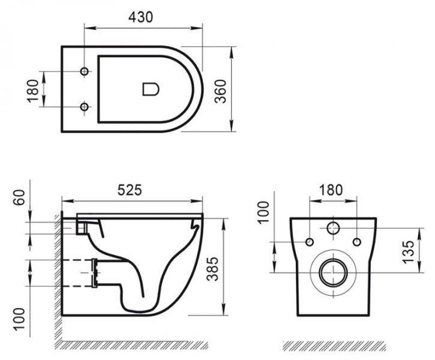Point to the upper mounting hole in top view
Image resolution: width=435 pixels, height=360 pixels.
click(x=85, y=71)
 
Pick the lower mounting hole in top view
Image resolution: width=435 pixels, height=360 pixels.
click(x=85, y=107)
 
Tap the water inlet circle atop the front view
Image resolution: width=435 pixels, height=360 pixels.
click(x=332, y=229)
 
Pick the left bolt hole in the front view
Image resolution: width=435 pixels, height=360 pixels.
click(x=310, y=241)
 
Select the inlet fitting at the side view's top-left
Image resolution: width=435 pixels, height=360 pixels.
click(x=82, y=226)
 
